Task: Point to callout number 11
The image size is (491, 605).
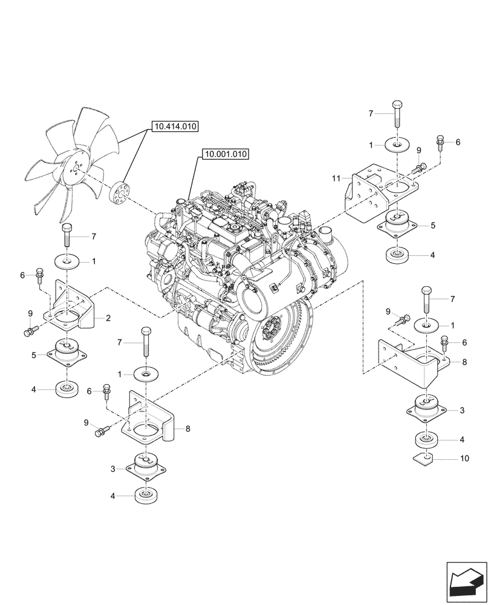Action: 336,178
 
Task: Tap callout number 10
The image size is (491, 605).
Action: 464,459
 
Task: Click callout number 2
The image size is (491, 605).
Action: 108,318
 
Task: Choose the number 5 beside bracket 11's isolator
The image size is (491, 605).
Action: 432,224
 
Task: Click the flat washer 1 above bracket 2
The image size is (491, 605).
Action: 68,261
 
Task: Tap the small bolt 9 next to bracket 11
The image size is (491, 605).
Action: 418,165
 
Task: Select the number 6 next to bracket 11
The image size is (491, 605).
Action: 457,142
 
